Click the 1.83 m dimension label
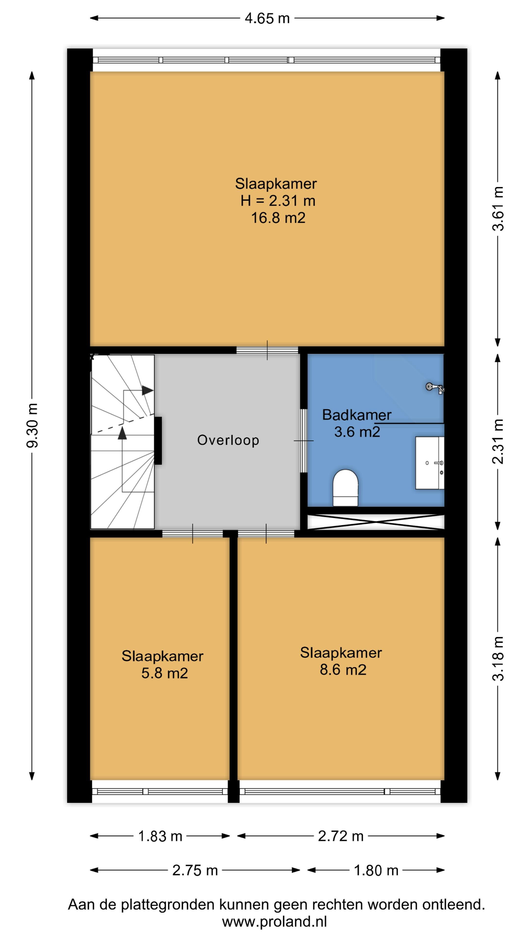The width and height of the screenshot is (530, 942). point(160,836)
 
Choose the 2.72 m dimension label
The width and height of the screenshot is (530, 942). point(341,836)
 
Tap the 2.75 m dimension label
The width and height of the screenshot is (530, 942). point(195,870)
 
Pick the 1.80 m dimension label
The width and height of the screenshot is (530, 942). point(376,870)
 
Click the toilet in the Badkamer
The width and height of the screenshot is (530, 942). point(345,488)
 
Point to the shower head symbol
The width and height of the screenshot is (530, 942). point(435,387)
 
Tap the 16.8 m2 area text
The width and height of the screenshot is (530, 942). point(278,218)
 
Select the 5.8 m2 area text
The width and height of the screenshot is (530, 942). point(165,673)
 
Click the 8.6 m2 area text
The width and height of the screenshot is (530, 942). point(343,669)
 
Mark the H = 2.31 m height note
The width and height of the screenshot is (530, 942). point(278,201)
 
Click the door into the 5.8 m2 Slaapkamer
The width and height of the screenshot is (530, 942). point(192,534)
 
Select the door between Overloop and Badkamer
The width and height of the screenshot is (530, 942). point(304,441)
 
